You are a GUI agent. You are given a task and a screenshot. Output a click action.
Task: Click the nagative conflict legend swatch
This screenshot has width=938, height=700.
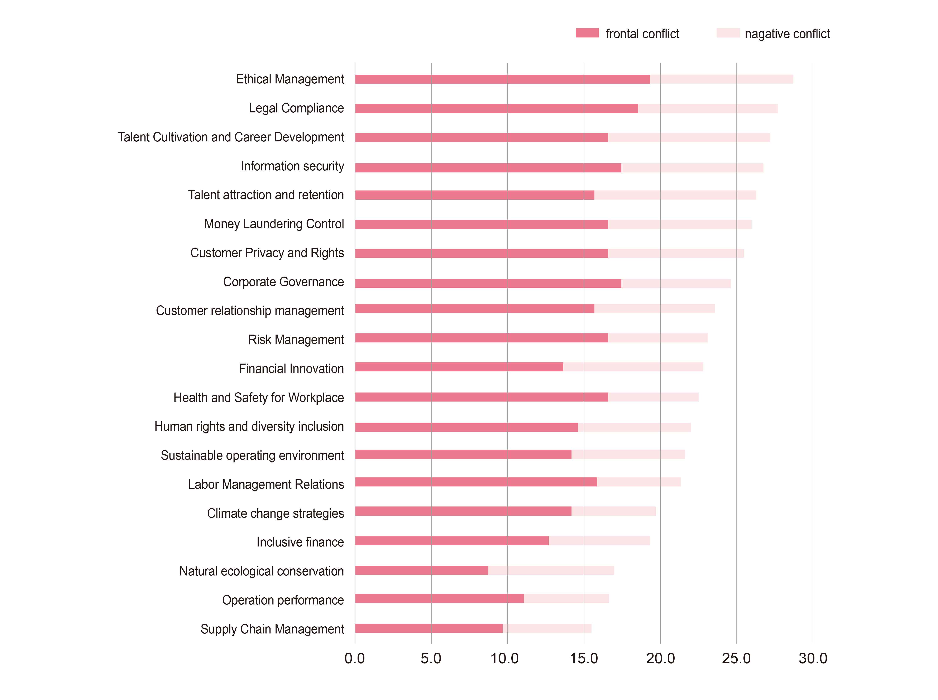[728, 33]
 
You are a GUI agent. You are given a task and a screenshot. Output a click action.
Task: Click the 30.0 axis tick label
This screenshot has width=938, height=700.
[813, 658]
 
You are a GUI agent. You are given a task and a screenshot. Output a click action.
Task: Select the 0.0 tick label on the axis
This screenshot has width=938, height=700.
[354, 658]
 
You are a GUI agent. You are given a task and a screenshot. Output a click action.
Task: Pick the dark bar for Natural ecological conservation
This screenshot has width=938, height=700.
[421, 570]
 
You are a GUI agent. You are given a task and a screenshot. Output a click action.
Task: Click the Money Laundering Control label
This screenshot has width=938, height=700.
[274, 224]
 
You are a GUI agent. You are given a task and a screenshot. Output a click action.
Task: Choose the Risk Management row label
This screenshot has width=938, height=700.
[296, 339]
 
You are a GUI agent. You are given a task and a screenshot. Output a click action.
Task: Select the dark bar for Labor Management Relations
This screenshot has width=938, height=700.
[476, 482]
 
